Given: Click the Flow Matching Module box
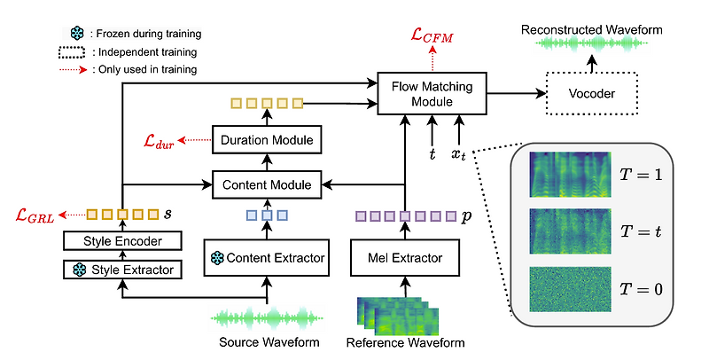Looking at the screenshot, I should click(432, 92).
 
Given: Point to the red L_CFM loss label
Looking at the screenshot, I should click(431, 36).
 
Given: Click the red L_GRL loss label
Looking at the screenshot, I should click(36, 215).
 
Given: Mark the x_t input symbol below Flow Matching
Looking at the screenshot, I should click(457, 154).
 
